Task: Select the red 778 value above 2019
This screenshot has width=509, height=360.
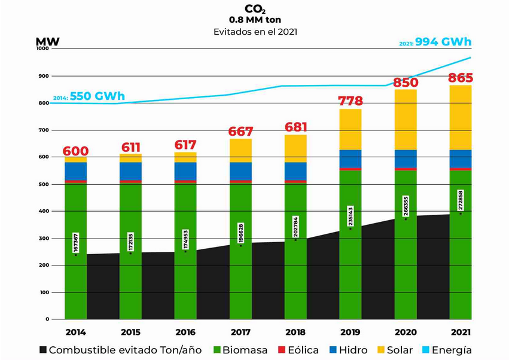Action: (350, 101)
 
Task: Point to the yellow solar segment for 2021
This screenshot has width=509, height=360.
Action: (461, 118)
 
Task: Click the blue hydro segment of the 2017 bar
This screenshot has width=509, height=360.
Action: (240, 170)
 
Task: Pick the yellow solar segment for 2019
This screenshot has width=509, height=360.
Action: (350, 129)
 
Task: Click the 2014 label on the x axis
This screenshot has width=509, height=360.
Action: (75, 332)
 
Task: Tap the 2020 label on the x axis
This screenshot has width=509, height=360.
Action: (406, 332)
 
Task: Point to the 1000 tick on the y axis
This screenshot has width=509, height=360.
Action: (42, 49)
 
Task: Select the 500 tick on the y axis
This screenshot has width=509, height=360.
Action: (44, 184)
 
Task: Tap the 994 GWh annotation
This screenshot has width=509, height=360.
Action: (444, 42)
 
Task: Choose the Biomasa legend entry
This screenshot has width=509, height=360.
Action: (238, 350)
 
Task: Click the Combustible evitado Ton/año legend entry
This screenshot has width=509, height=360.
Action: (120, 350)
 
